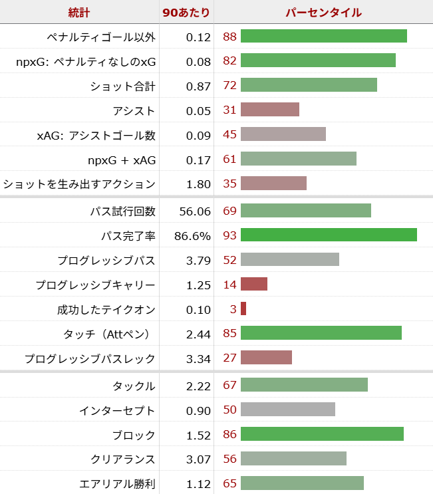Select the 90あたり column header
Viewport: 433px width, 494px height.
[187, 13]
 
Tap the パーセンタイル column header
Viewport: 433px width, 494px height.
[323, 13]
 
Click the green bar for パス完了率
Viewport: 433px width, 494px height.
[329, 235]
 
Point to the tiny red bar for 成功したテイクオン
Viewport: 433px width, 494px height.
[243, 309]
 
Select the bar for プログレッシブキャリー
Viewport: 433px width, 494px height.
[254, 285]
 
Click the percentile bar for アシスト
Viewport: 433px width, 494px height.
[270, 110]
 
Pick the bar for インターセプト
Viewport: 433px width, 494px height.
[288, 410]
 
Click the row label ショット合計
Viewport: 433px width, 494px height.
[122, 86]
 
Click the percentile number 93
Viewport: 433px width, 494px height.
[230, 235]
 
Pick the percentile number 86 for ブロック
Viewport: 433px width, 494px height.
[230, 434]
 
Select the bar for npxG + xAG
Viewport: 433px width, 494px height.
[299, 159]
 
